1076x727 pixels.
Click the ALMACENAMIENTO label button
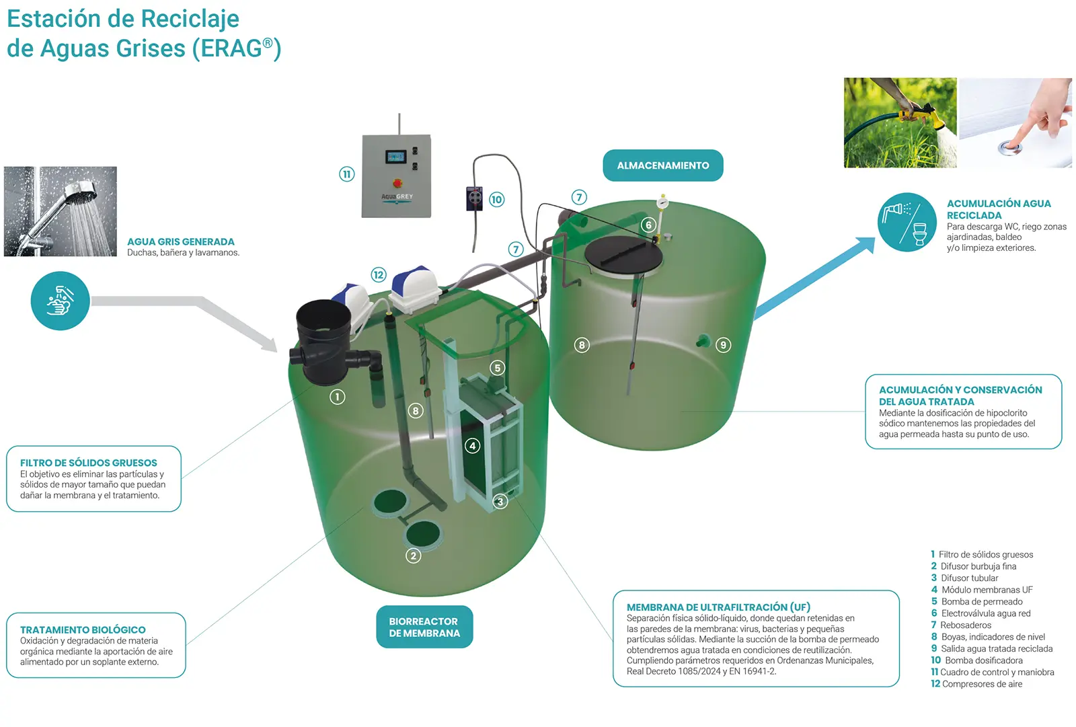[x=662, y=165]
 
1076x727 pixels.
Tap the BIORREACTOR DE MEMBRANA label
[x=424, y=627]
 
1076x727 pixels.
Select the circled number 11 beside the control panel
[x=346, y=174]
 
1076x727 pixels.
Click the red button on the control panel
[x=397, y=182]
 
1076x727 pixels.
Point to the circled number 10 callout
[x=496, y=199]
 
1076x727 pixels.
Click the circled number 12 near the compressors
[x=379, y=274]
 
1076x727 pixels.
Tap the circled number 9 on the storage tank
[x=723, y=345]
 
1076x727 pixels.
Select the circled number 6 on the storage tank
[x=648, y=225]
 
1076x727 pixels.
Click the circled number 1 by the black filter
[x=337, y=397]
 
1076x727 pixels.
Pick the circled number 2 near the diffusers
[x=413, y=556]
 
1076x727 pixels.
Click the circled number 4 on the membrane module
[x=473, y=446]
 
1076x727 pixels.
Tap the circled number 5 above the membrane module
[x=497, y=368]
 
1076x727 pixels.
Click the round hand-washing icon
[x=60, y=301]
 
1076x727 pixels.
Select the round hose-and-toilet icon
[x=907, y=222]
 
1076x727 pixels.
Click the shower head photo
[x=61, y=211]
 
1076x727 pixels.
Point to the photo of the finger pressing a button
[x=1015, y=122]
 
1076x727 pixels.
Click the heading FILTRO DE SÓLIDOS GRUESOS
[x=89, y=463]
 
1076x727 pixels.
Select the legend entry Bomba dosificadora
[x=982, y=660]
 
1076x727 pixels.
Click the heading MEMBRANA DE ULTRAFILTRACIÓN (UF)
[x=718, y=607]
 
